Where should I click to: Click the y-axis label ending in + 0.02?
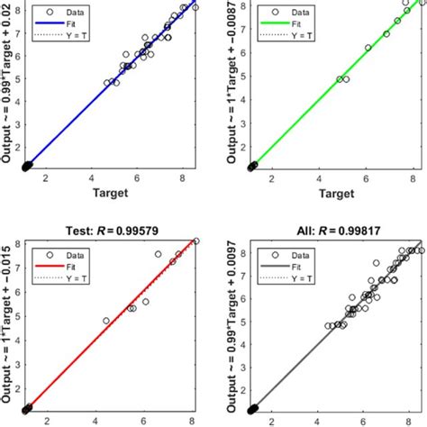pos(9,86)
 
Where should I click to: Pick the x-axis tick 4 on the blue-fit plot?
pos(91,178)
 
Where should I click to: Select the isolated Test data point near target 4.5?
pos(106,321)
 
